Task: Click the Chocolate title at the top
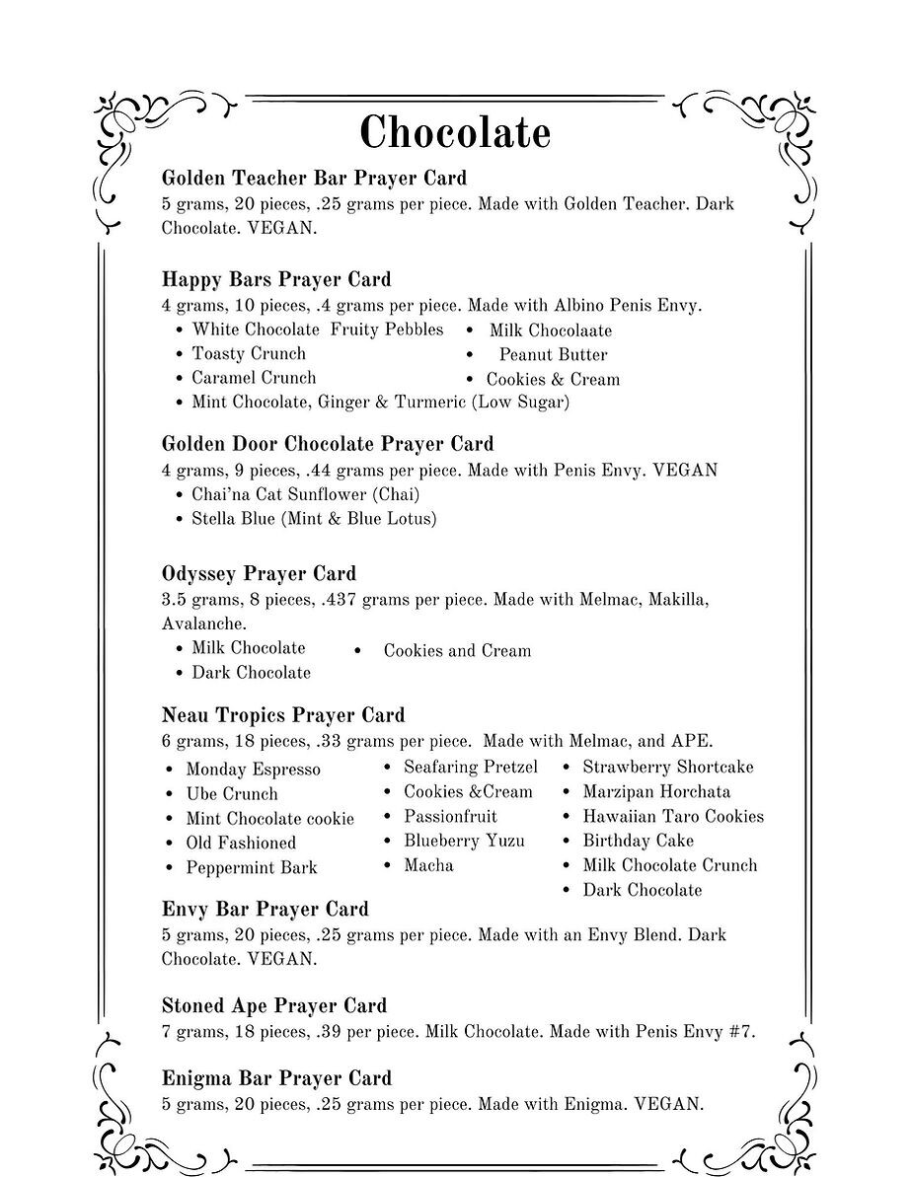tap(454, 132)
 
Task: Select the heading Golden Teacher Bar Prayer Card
tap(314, 179)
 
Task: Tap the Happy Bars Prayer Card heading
tap(276, 279)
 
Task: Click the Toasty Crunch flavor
tap(249, 353)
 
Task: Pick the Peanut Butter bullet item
tap(553, 355)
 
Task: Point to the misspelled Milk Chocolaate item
tap(550, 331)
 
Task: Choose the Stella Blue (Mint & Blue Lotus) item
tap(314, 518)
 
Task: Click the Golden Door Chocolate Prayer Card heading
tap(327, 444)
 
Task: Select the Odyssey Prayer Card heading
tap(259, 573)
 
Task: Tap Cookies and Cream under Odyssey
tap(457, 651)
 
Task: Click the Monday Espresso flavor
tap(253, 770)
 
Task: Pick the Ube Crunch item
tap(232, 794)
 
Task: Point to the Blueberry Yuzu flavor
tap(464, 841)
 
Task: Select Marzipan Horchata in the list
tap(656, 791)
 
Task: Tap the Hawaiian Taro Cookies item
tap(673, 816)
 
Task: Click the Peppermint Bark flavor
tap(252, 868)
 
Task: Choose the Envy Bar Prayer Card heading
tap(265, 909)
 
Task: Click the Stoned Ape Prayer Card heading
tap(273, 1005)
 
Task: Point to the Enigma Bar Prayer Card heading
tap(276, 1078)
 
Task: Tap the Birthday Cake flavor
tap(638, 841)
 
